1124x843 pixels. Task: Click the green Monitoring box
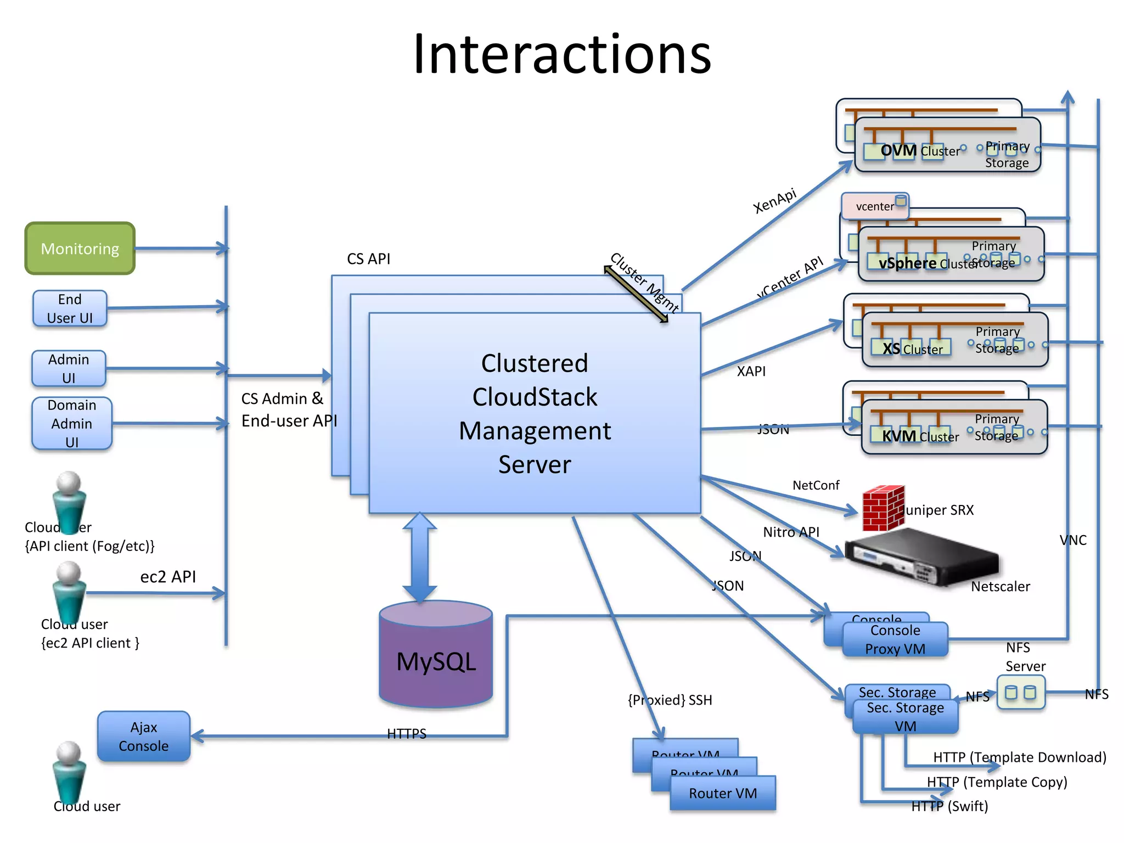point(80,249)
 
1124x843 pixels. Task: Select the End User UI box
point(70,308)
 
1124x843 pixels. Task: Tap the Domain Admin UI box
point(72,423)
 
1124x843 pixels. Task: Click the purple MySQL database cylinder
point(436,656)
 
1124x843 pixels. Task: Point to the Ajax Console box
point(144,737)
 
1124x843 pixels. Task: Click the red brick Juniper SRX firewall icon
point(883,508)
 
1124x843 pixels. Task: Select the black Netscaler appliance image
point(922,557)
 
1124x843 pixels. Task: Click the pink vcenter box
point(874,206)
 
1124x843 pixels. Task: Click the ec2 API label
point(168,577)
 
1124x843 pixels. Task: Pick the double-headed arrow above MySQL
point(420,557)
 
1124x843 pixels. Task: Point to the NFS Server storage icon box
point(1021,693)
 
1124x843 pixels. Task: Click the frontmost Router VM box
point(723,793)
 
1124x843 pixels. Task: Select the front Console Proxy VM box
point(895,639)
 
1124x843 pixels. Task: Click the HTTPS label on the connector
point(407,734)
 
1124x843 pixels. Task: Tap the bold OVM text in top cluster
point(898,150)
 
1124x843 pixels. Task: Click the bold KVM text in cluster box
point(899,436)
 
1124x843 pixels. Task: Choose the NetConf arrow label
point(816,485)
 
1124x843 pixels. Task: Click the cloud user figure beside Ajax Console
point(69,774)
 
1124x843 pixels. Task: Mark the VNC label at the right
point(1073,541)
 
